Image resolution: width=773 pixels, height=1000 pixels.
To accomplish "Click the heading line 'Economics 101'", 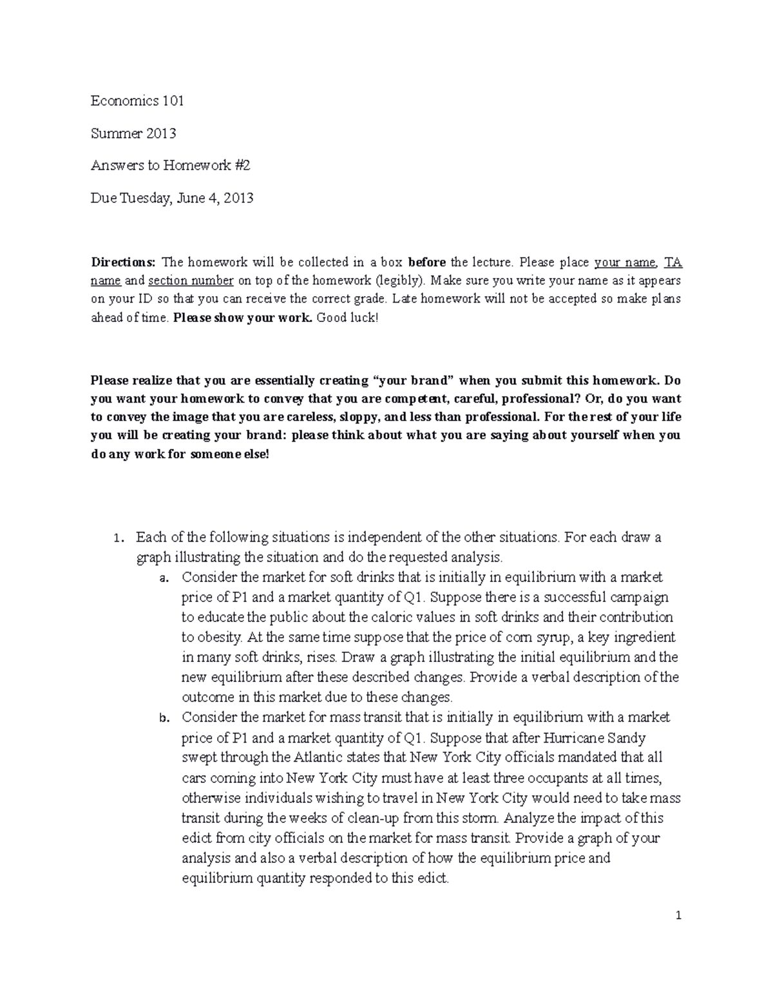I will click(x=137, y=101).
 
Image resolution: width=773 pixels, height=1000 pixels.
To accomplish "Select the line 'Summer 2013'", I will click(x=133, y=133).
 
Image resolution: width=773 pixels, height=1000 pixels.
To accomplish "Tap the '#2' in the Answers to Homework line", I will click(x=242, y=165).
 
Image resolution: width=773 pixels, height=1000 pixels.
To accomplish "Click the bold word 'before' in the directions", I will click(x=428, y=262).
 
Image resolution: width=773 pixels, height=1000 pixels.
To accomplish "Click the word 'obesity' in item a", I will click(x=219, y=637).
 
